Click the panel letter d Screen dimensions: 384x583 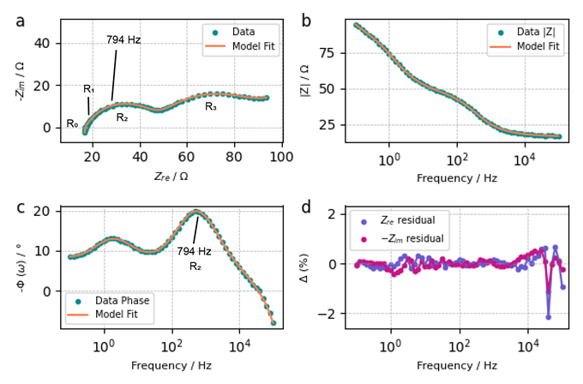click(x=307, y=207)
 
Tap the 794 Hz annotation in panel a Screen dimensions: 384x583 click(x=123, y=40)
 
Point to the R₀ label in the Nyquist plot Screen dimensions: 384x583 click(x=73, y=124)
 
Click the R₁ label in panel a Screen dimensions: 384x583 click(x=89, y=89)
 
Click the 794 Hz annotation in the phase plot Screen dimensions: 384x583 click(x=194, y=252)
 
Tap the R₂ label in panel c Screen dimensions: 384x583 click(x=195, y=267)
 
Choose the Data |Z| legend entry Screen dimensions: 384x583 click(x=532, y=33)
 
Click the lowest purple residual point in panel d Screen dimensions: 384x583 click(x=549, y=317)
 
